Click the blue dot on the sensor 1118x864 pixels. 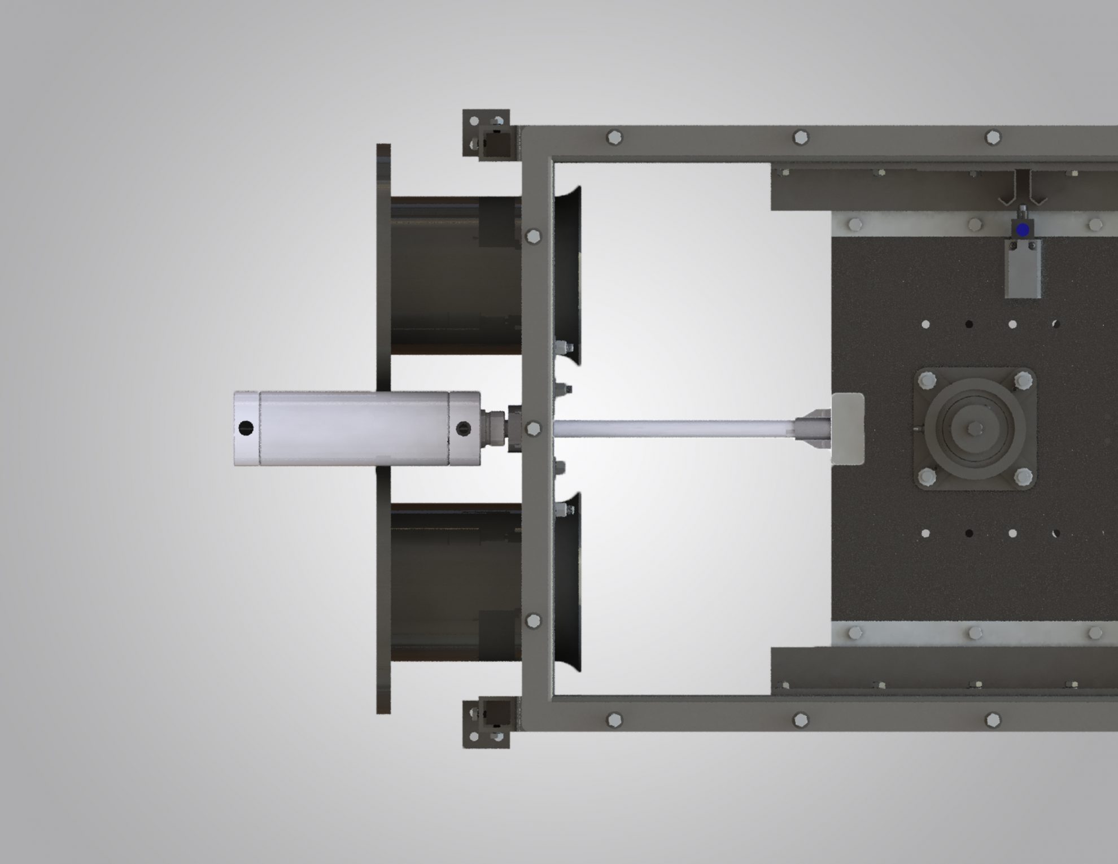pos(1022,230)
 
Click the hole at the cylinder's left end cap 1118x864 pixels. pos(246,428)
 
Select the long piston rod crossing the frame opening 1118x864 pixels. pos(672,429)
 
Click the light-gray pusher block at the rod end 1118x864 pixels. pos(848,429)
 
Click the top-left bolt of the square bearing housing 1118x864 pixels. pos(927,379)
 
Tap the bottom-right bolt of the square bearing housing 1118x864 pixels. pos(1023,478)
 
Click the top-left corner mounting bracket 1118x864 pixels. pos(486,133)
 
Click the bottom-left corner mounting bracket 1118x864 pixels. pos(486,724)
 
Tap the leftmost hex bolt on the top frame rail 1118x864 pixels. pos(614,137)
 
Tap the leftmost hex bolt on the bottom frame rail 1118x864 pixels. pos(614,719)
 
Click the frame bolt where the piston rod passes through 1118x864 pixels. pos(532,429)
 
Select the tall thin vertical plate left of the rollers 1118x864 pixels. pos(383,429)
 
